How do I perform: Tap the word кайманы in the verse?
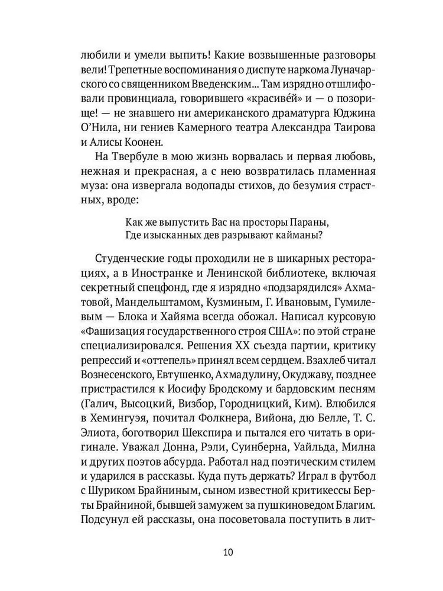point(301,237)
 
